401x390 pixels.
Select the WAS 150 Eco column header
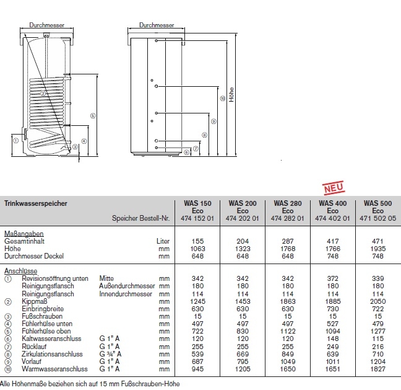199,206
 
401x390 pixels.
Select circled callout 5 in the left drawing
92,115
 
